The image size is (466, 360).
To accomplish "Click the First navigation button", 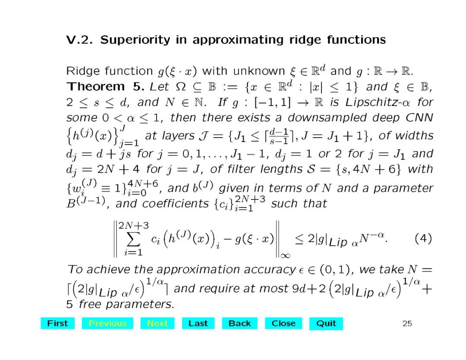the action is coord(57,323).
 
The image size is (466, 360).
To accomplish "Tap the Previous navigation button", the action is coord(107,323).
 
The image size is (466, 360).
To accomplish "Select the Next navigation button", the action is coord(157,323).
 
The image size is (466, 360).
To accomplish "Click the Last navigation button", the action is coord(198,323).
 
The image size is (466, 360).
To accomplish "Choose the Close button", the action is coord(283,323).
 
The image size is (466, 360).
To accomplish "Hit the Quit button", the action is coord(326,323).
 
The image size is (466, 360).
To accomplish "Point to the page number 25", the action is coord(407,323).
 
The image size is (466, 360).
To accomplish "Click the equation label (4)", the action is coord(423,239).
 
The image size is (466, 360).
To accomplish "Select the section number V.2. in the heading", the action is coord(81,40).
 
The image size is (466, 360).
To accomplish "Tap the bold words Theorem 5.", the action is coord(106,86).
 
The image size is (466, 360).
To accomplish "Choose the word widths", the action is coord(412,136).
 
